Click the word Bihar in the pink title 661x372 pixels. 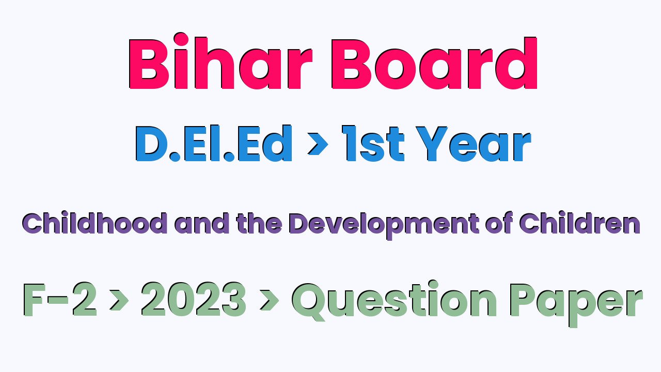[x=220, y=61]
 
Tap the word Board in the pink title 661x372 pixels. [x=434, y=63]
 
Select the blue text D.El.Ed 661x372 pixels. [x=214, y=144]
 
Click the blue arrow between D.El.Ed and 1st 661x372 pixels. [x=318, y=144]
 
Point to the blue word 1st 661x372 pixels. [x=373, y=144]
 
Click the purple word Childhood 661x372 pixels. [x=95, y=223]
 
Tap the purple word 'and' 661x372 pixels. [x=202, y=223]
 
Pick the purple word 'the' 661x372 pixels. [x=259, y=223]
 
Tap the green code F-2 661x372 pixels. [x=60, y=299]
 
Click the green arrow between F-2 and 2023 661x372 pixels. [x=119, y=301]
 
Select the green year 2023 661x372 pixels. [x=194, y=299]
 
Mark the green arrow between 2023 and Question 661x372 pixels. [x=269, y=301]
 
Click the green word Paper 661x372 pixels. [x=576, y=305]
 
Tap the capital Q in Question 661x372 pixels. [x=309, y=302]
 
